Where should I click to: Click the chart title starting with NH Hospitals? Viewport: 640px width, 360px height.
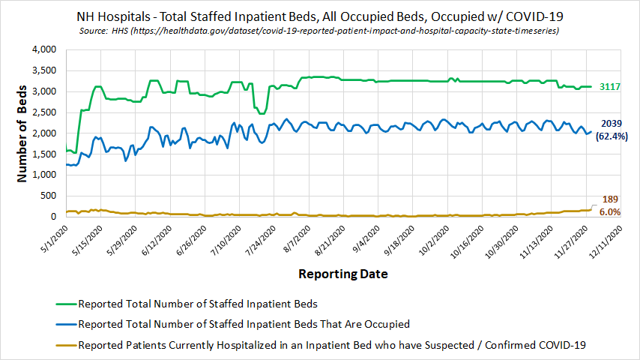coord(320,16)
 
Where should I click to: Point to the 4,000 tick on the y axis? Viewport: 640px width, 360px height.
coord(44,49)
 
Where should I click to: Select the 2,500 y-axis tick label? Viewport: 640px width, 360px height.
coord(44,112)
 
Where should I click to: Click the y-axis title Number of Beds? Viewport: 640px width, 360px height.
coord(22,133)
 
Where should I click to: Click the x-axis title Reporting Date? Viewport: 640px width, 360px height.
coord(343,274)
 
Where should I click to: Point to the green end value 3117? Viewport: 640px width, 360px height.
coord(611,87)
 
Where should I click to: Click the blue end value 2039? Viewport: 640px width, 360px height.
coord(611,123)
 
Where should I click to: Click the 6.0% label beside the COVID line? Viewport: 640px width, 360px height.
coord(610,212)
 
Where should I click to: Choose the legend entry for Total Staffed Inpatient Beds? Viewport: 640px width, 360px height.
coord(198,304)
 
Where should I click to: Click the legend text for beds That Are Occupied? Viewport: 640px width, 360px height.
coord(244,325)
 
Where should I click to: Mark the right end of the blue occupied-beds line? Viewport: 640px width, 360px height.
coord(591,132)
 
